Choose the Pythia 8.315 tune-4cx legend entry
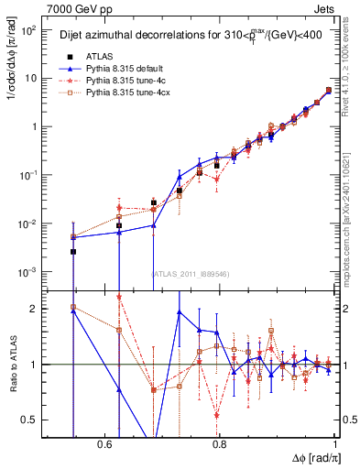click(119, 93)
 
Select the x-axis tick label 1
click(335, 444)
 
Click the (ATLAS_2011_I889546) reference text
click(190, 273)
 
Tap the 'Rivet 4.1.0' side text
click(352, 60)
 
